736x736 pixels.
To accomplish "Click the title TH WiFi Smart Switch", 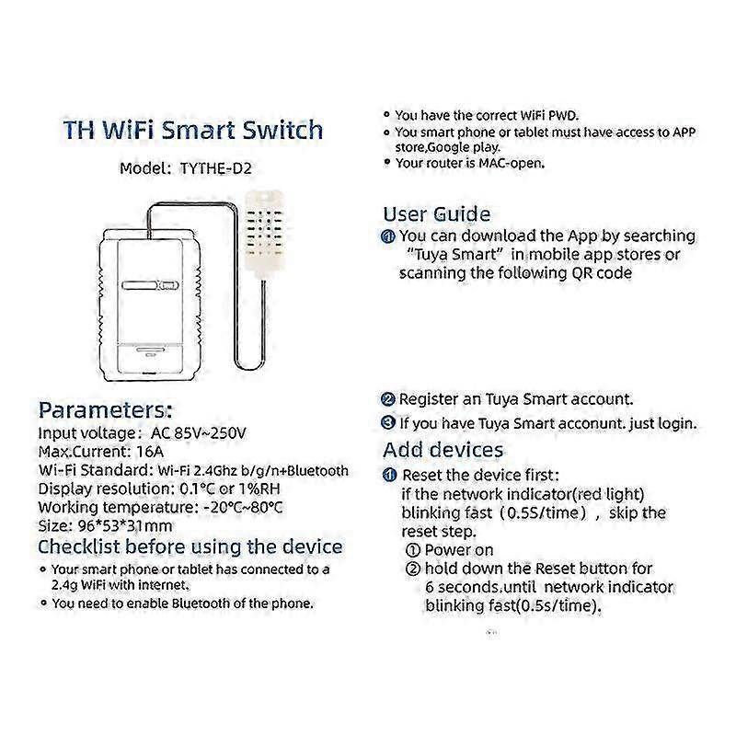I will [193, 130].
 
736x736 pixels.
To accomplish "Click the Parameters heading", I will [105, 409].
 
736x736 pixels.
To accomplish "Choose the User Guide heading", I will [436, 214].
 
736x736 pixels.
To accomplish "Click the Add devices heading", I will [443, 450].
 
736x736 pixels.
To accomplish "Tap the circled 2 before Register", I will [388, 400].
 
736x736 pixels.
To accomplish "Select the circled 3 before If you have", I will [388, 423].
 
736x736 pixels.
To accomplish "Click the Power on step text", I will [460, 549].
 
